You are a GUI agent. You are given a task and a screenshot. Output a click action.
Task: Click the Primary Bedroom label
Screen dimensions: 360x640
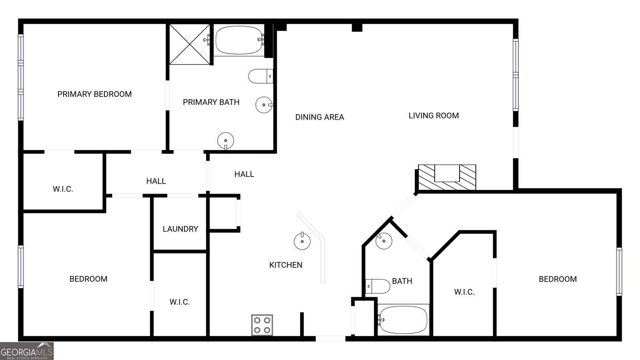click(94, 94)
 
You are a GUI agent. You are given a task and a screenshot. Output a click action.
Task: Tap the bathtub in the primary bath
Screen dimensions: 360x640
click(239, 40)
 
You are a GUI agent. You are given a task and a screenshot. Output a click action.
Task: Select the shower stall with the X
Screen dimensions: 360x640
click(190, 44)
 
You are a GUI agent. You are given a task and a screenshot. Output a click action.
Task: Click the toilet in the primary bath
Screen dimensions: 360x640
click(260, 76)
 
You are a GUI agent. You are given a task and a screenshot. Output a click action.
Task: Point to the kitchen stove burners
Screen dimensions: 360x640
click(262, 325)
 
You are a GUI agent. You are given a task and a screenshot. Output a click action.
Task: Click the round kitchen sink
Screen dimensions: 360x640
click(302, 241)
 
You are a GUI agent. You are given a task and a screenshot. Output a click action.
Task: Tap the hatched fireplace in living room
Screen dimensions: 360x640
click(447, 177)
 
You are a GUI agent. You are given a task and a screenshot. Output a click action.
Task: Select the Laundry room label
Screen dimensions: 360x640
click(180, 229)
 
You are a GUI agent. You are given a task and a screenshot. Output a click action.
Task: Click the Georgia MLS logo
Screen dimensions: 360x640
click(26, 351)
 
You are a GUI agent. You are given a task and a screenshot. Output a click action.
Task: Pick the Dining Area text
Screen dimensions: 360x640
click(320, 117)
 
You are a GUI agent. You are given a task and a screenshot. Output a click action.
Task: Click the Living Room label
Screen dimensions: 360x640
click(434, 116)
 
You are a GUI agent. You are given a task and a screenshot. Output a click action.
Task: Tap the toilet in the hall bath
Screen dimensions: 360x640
click(378, 286)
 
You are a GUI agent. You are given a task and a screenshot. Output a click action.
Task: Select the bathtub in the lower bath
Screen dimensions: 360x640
click(403, 320)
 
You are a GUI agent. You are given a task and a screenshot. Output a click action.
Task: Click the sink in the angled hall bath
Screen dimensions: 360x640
click(384, 241)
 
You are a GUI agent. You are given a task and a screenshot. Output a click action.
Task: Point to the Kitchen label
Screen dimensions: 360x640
click(286, 265)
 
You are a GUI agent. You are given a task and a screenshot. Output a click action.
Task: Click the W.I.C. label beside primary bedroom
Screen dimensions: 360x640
click(63, 189)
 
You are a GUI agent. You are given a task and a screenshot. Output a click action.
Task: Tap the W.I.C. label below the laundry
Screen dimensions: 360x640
click(180, 302)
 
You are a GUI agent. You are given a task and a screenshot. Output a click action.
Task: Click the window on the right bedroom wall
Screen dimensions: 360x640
click(619, 271)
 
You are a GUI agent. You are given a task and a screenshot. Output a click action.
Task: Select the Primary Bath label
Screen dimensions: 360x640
click(211, 102)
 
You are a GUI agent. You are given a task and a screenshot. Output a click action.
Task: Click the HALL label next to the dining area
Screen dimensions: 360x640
click(244, 174)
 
